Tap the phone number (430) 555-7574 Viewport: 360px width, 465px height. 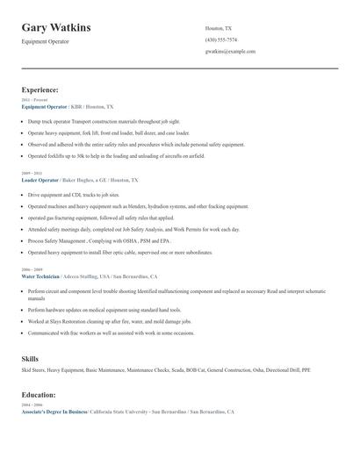point(220,39)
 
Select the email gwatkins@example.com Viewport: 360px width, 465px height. point(230,51)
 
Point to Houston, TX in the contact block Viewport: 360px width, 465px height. point(219,28)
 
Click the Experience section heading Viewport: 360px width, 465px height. point(40,89)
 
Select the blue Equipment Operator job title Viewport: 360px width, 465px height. point(44,105)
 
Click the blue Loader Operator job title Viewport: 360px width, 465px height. point(40,179)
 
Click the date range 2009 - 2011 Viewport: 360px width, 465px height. point(31,173)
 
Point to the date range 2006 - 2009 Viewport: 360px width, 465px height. point(31,269)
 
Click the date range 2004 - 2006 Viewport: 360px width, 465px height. point(31,405)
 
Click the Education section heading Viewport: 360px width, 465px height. point(39,395)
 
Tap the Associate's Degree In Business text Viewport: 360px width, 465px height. point(54,411)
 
